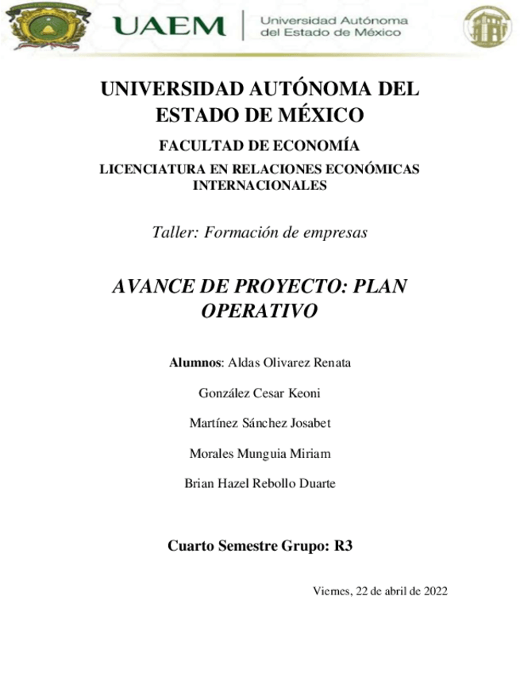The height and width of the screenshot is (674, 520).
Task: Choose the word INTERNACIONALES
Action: point(260,185)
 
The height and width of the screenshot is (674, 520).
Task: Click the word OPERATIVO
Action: point(260,311)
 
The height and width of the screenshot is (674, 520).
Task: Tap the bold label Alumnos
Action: point(196,363)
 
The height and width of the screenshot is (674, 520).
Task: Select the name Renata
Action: point(331,363)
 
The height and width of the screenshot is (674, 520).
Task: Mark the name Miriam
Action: point(310,453)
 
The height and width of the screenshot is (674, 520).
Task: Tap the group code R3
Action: point(343,546)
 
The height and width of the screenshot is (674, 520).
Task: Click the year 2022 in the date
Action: point(435,591)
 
